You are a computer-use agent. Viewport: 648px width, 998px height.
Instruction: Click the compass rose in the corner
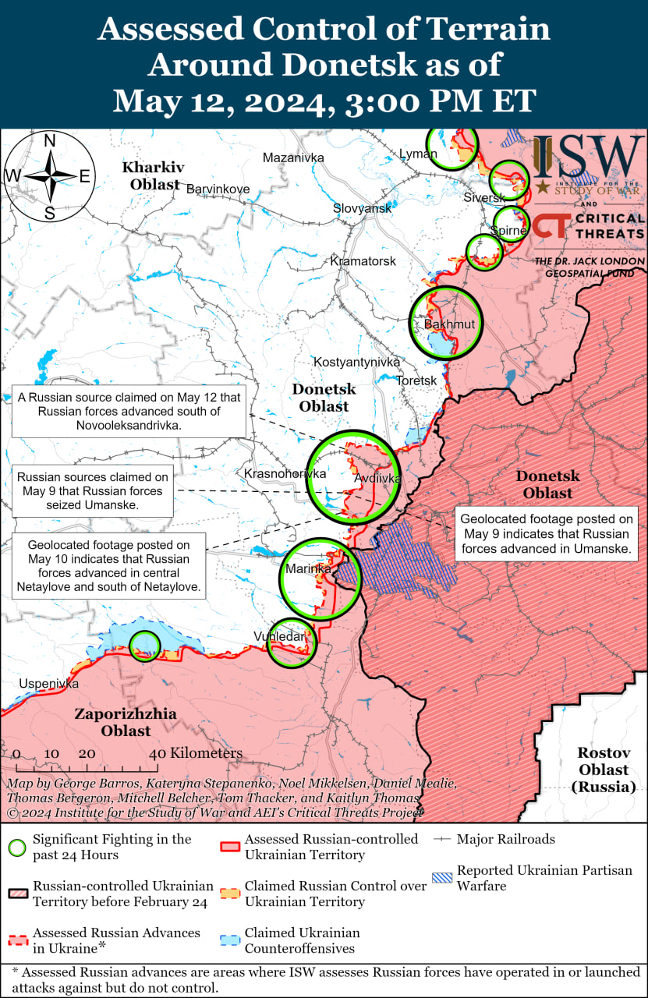pos(49,176)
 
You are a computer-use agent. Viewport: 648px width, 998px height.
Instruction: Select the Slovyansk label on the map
pos(362,208)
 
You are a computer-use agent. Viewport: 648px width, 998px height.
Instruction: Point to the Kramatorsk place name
pos(363,260)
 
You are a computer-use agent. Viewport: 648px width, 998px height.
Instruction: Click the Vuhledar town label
pos(278,637)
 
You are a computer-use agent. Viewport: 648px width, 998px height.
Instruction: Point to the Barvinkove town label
pos(218,189)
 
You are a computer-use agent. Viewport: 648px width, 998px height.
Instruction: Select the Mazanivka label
pos(293,157)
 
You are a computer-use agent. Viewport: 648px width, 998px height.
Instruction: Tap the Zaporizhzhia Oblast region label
pos(126,722)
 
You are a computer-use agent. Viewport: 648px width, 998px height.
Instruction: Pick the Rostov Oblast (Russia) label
pos(603,770)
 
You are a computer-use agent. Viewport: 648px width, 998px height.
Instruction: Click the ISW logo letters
pos(588,157)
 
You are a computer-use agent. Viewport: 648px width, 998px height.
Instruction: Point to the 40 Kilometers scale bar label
pos(196,753)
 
